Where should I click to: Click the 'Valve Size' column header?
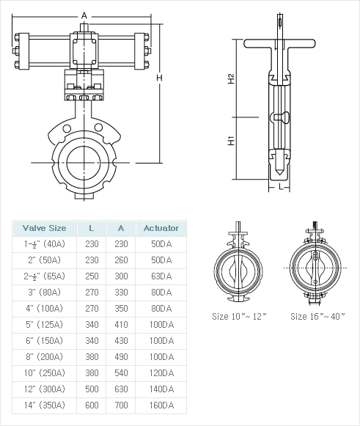point(44,228)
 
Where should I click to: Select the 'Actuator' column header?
point(161,228)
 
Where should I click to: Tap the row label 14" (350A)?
point(45,405)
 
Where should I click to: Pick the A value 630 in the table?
point(121,389)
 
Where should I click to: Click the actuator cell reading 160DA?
point(161,405)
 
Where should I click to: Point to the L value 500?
point(92,389)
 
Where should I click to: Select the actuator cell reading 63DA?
point(161,276)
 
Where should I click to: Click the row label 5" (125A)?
point(45,324)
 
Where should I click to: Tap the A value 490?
point(121,357)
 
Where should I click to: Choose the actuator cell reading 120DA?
point(161,372)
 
